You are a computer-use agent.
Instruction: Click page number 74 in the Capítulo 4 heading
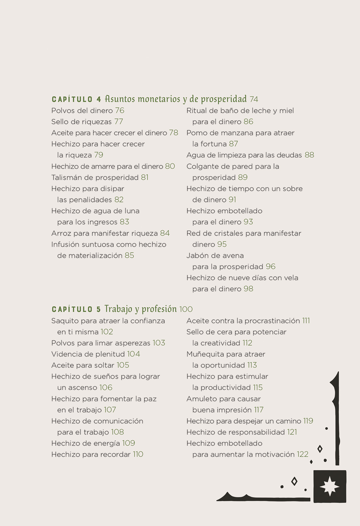click(254, 99)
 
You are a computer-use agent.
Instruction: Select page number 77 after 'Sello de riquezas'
click(118, 122)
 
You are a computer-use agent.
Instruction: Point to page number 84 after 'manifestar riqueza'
click(165, 233)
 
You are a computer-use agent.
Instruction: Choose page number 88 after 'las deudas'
click(309, 155)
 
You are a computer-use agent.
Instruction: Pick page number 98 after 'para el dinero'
click(248, 289)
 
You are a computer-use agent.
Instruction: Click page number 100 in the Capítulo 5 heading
click(186, 309)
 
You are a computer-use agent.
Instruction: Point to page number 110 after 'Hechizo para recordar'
click(138, 454)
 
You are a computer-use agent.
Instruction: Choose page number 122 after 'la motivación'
click(302, 454)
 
